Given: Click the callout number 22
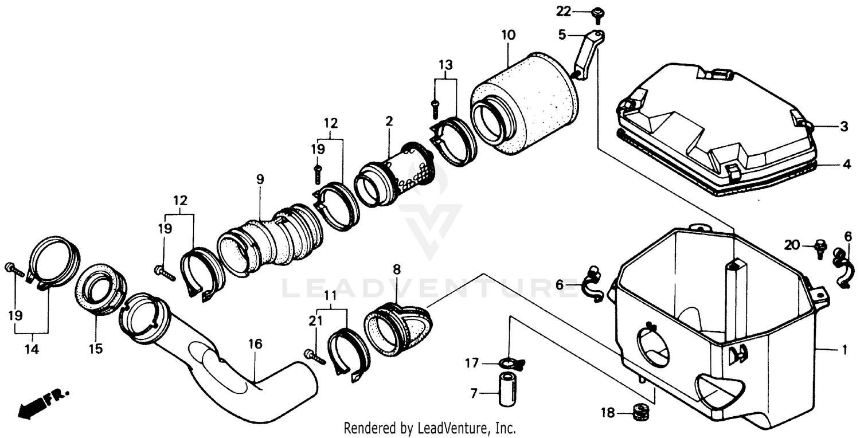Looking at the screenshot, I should point(564,10).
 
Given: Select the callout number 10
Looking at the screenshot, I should point(509,35).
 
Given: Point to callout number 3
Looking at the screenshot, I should point(844,127).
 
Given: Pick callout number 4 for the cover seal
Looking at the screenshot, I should point(846,165).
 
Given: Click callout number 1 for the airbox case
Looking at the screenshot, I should point(844,349).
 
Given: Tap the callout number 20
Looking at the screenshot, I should point(792,245).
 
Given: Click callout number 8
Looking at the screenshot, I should point(397,269).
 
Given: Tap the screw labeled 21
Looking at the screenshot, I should point(315,358).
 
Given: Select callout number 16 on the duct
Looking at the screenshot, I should point(255,344).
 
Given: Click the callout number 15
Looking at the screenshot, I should point(96,349).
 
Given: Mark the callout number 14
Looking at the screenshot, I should point(32,349).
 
